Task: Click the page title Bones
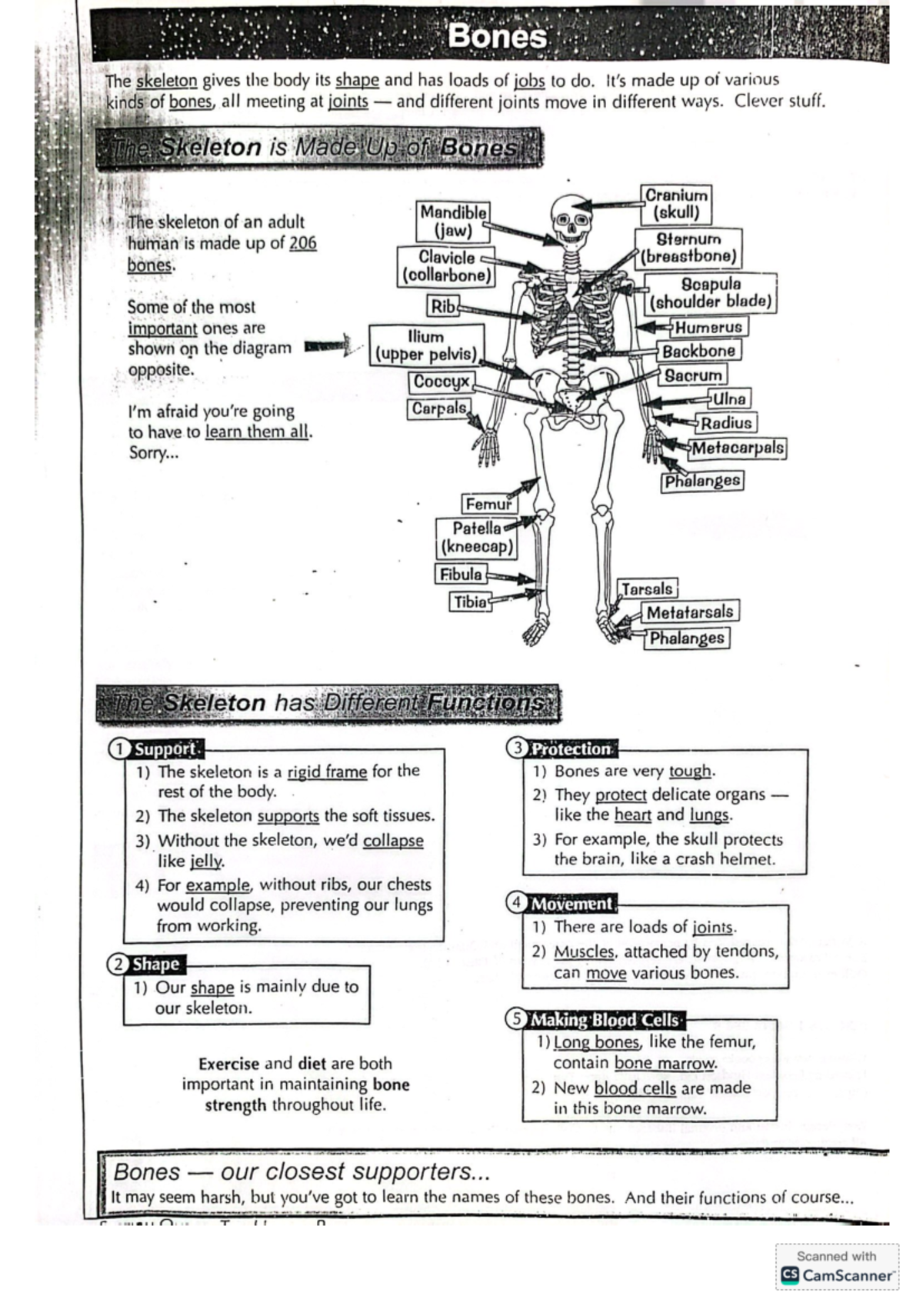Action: pyautogui.click(x=498, y=37)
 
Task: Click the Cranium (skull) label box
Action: pyautogui.click(x=675, y=204)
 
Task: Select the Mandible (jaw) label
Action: pyautogui.click(x=453, y=221)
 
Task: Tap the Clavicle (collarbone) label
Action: pyautogui.click(x=446, y=266)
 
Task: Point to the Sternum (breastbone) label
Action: pyautogui.click(x=689, y=248)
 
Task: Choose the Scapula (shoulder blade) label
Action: pyautogui.click(x=711, y=293)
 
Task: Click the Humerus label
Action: pyautogui.click(x=708, y=327)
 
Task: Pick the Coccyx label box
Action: pyautogui.click(x=441, y=381)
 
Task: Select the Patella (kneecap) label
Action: pyautogui.click(x=476, y=538)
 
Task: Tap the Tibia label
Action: pyautogui.click(x=470, y=601)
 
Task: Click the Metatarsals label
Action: pyautogui.click(x=690, y=612)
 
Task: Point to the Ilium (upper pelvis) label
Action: pyautogui.click(x=426, y=345)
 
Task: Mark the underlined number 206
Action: pyautogui.click(x=302, y=243)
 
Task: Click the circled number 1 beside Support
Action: pyautogui.click(x=118, y=749)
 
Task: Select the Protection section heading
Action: pyautogui.click(x=571, y=748)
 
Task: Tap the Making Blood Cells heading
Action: pyautogui.click(x=605, y=1020)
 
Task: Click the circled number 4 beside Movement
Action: pyautogui.click(x=516, y=904)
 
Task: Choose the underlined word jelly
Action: pyautogui.click(x=206, y=861)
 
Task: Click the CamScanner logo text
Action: pyautogui.click(x=848, y=1275)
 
